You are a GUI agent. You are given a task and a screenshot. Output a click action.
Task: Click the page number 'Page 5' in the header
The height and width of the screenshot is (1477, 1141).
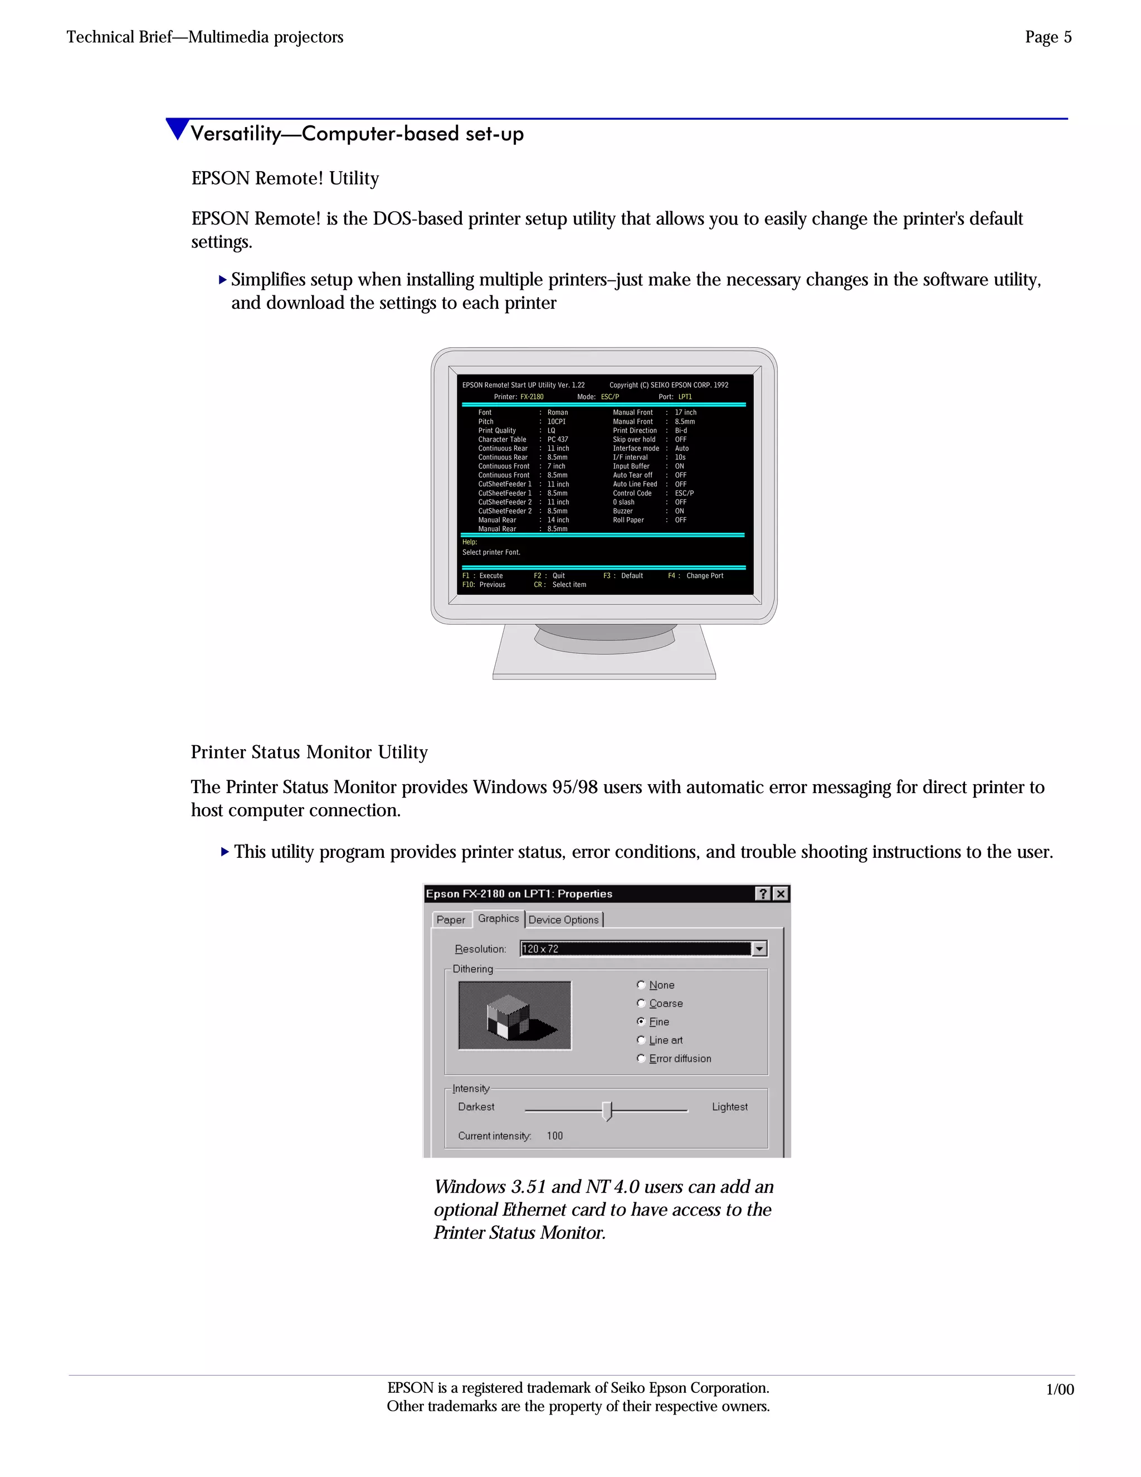1048,37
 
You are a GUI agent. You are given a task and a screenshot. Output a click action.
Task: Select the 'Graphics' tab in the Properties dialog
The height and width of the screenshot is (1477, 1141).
498,919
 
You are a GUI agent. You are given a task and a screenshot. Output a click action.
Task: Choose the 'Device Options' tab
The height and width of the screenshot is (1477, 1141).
564,920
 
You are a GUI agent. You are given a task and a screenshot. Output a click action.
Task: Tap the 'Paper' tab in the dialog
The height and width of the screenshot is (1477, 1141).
450,920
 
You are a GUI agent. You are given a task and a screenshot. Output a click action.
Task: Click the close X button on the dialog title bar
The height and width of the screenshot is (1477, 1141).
781,893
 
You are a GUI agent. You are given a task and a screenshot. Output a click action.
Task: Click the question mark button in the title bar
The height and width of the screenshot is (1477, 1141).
763,893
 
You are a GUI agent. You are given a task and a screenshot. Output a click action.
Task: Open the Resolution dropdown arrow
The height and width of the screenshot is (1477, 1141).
759,949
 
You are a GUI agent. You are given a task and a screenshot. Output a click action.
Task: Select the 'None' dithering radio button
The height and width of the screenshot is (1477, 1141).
641,985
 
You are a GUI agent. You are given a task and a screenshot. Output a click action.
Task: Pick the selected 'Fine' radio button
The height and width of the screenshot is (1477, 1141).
641,1021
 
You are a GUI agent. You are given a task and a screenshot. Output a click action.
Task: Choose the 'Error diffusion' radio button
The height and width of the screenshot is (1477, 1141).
641,1058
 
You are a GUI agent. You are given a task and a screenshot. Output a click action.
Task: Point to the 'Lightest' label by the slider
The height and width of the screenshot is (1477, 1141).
729,1107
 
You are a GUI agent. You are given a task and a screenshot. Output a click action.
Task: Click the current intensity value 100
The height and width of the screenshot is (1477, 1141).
555,1136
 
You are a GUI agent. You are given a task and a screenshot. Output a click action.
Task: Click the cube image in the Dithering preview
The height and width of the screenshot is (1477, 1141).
514,1016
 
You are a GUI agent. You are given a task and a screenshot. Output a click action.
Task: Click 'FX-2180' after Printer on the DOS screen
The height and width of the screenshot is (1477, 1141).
532,397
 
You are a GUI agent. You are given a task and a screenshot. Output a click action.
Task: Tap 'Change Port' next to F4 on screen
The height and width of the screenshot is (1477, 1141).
704,576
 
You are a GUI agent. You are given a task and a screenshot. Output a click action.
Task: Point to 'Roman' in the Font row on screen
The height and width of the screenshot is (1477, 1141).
558,412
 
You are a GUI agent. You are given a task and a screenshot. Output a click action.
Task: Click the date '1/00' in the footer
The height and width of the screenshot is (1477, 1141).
1059,1389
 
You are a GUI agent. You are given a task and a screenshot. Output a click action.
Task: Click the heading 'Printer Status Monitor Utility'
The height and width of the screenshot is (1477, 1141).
309,752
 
